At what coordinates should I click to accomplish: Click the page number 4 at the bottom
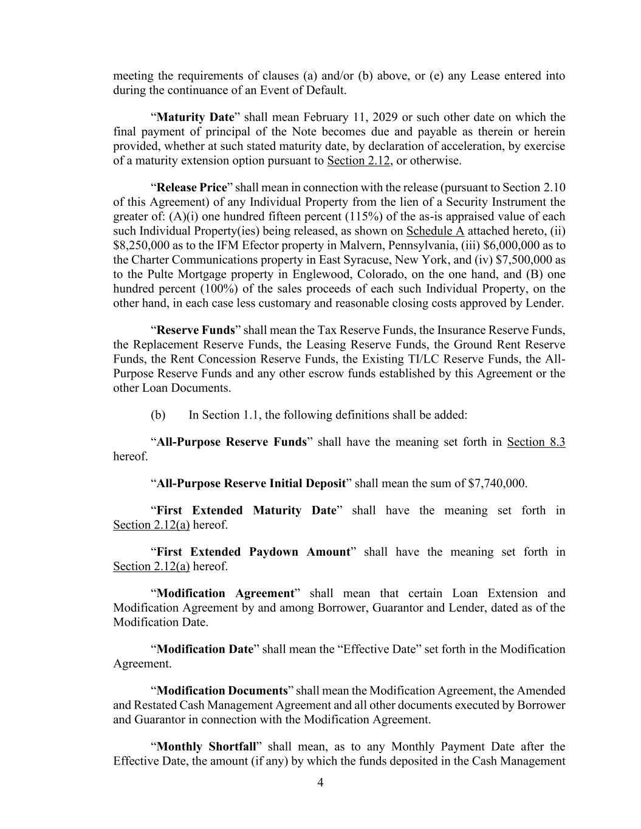tap(320, 783)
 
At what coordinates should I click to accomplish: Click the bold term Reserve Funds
tap(195, 330)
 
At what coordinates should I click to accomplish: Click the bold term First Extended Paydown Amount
tap(253, 552)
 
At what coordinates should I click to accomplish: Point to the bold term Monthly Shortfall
tap(205, 747)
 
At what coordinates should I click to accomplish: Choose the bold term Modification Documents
tap(222, 691)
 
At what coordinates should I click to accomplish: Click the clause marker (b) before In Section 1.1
tap(157, 415)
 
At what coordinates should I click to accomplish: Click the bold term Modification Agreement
tap(225, 593)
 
